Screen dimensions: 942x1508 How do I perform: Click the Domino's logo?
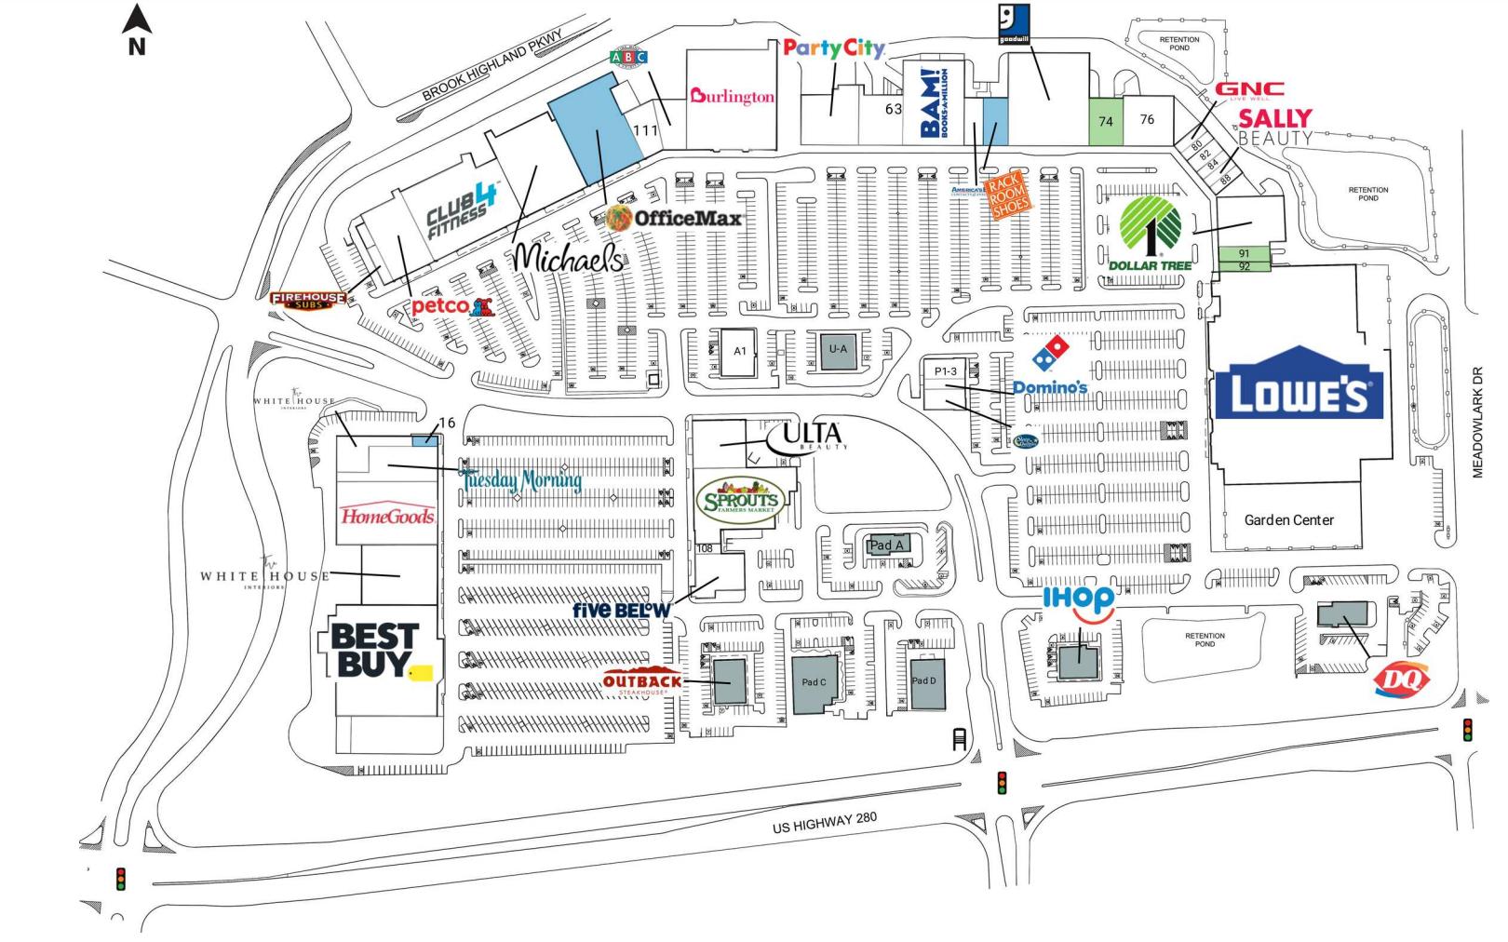click(1051, 367)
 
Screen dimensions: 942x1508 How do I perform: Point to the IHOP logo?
click(1078, 599)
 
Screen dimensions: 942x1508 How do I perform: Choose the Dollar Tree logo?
click(1151, 233)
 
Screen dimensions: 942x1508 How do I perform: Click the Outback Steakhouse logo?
click(642, 682)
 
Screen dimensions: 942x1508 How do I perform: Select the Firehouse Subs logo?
click(308, 300)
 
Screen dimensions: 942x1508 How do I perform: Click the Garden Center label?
click(1288, 520)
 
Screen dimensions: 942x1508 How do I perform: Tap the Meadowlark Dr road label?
click(1477, 423)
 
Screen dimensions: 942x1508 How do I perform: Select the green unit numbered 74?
click(1106, 122)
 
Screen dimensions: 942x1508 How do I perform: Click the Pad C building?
click(814, 684)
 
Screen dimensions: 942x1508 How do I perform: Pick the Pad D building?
click(924, 684)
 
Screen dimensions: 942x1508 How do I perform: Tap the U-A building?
click(838, 350)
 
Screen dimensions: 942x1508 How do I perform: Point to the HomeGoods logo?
click(387, 516)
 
